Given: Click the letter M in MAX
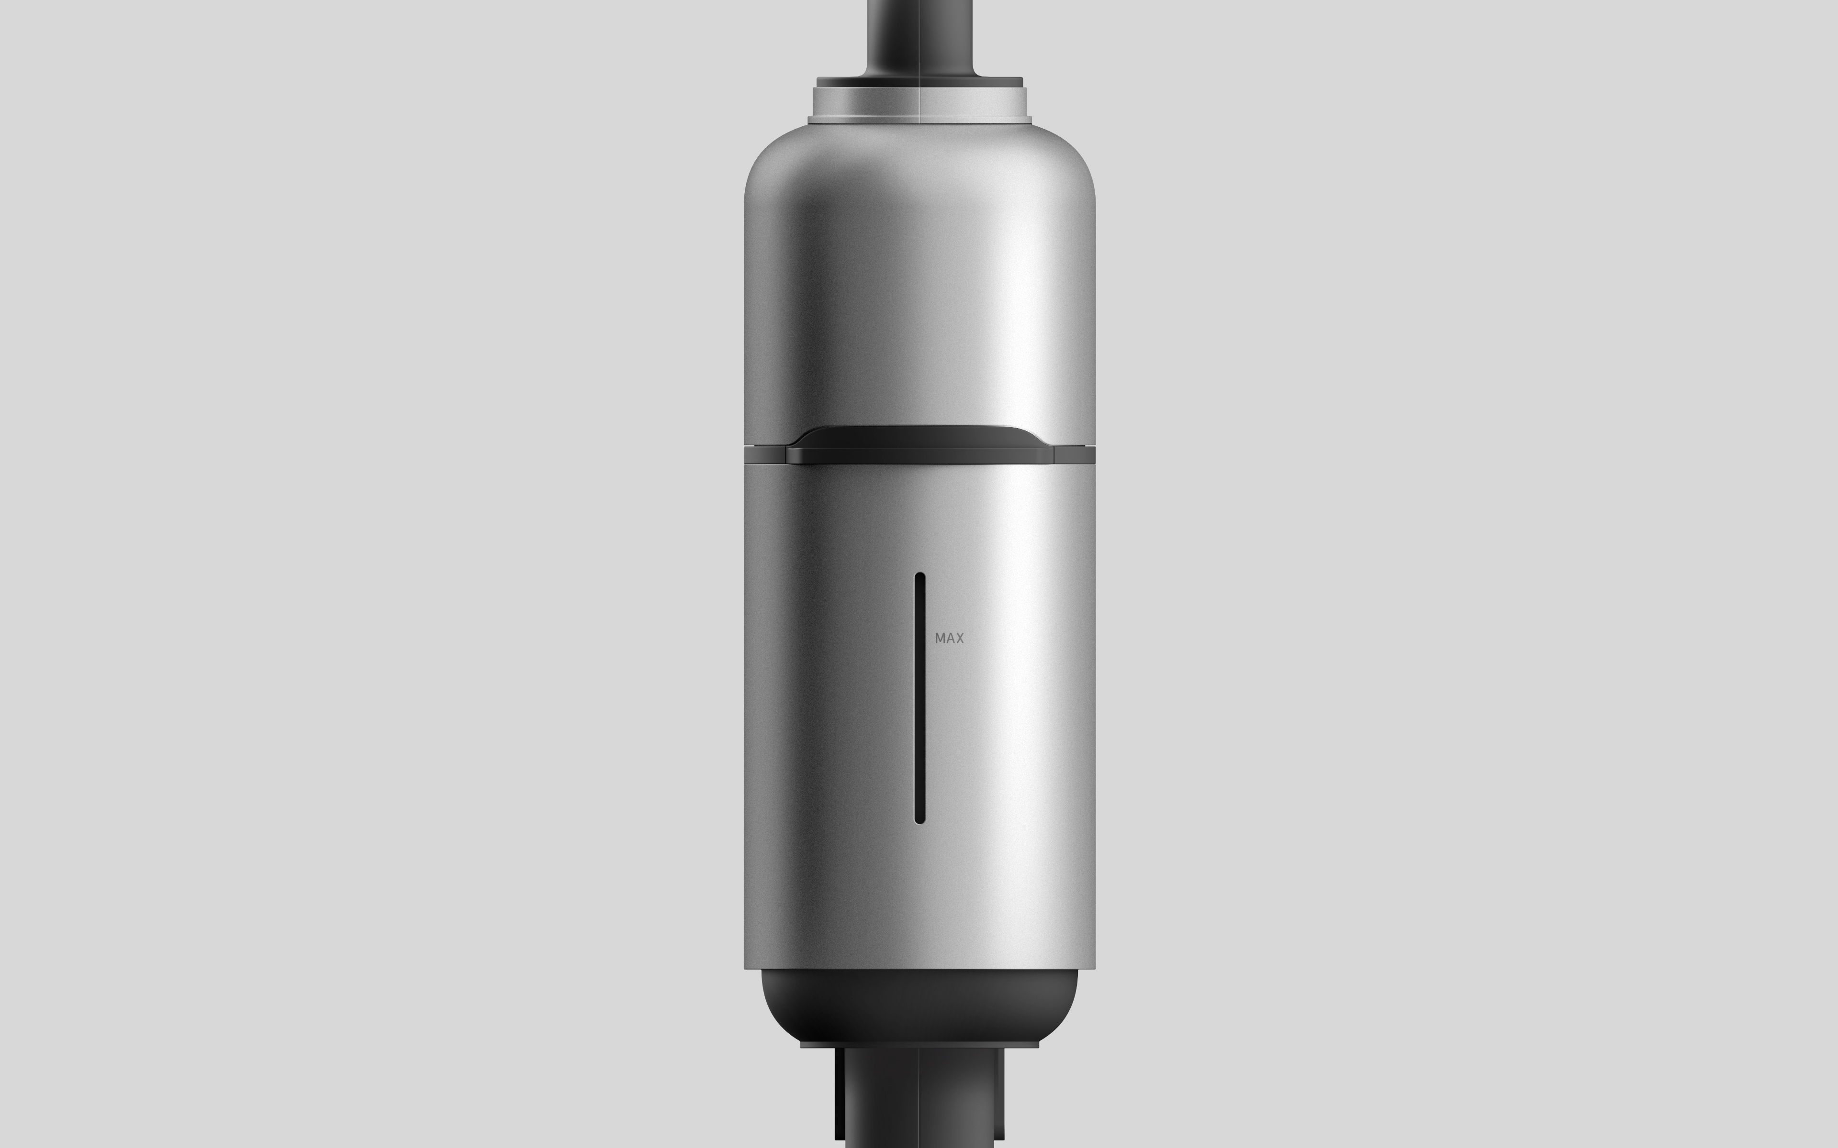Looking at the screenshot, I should (940, 639).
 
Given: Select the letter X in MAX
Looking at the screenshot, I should (959, 639).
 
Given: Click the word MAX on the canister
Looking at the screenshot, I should (949, 639).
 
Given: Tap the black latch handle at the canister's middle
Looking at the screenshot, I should (919, 445).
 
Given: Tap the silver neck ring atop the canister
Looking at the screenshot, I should (919, 101).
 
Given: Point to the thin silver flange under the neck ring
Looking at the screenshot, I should (919, 119).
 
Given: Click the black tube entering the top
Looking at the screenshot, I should (919, 34).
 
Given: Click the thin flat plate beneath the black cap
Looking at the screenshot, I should (919, 1045).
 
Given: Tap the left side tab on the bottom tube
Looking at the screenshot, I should (840, 1093).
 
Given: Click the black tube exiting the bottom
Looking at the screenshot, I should (919, 1101).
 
